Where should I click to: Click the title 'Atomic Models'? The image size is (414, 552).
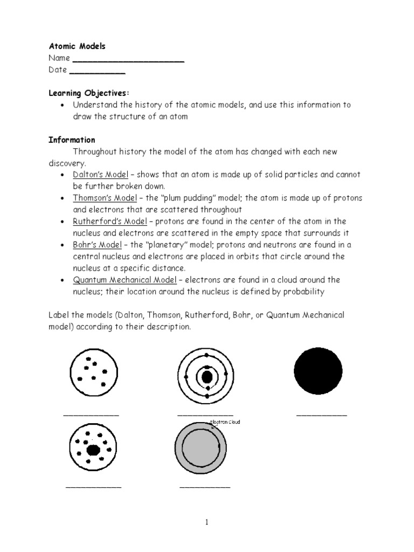77,46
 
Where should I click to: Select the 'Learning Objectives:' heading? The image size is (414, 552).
89,93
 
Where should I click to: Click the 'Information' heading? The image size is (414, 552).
72,140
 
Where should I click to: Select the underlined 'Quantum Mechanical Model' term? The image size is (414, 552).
125,279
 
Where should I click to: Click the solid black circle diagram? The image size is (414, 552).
318,371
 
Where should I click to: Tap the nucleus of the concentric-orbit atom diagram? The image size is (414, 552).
206,377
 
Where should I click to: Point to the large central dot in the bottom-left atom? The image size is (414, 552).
93,448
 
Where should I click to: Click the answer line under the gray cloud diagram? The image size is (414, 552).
204,487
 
